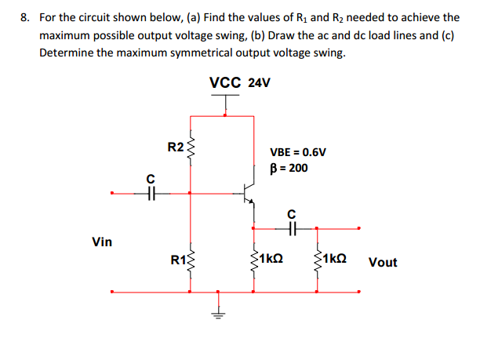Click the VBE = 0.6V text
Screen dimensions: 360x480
297,153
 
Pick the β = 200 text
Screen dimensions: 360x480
289,168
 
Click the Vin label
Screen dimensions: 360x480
102,242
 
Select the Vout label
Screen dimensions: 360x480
382,262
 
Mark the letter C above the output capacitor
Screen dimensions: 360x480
291,213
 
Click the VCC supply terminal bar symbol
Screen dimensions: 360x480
226,97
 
